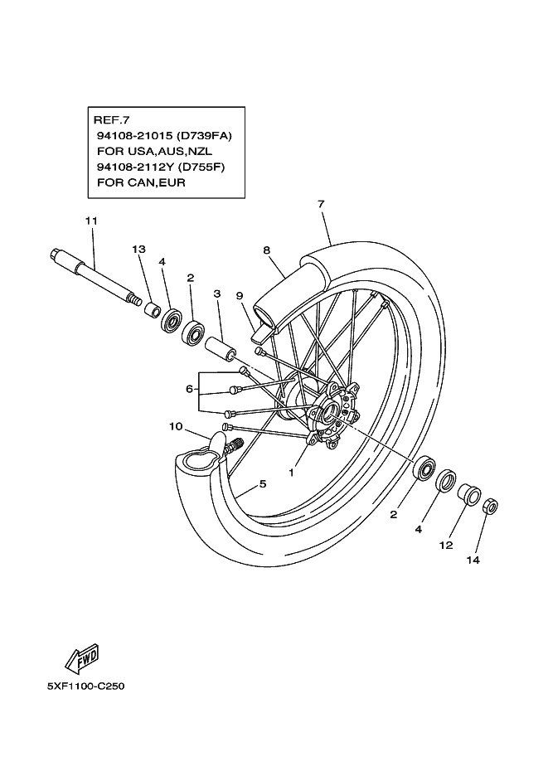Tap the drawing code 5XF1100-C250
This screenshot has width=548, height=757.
86,686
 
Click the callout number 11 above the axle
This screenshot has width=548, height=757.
91,221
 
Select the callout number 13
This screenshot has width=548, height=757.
138,249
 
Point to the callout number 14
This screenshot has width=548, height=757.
473,560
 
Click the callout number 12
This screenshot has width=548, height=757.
446,545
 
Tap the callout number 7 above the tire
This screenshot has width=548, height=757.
321,204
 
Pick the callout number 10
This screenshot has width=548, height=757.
176,426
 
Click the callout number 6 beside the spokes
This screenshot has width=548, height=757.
189,389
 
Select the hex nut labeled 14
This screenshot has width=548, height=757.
491,506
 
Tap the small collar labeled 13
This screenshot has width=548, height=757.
152,309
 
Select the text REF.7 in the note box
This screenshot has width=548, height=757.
111,119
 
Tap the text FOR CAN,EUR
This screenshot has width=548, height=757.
141,182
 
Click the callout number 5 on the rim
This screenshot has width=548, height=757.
263,483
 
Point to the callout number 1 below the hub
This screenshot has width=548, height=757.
291,473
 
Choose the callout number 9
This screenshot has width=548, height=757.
240,296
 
